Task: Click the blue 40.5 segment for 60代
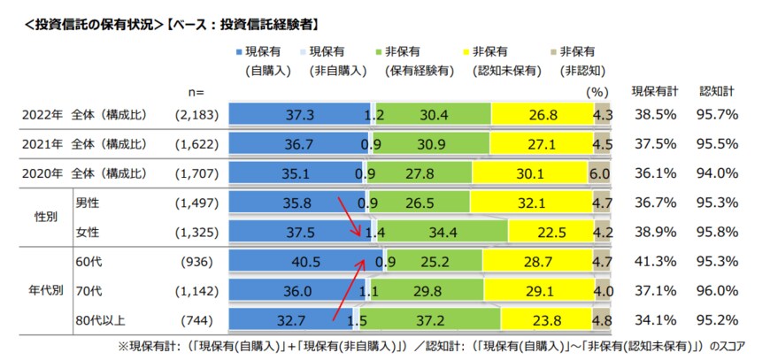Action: pyautogui.click(x=301, y=262)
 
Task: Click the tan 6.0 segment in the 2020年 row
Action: pyautogui.click(x=601, y=172)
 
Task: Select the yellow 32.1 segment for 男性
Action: pyautogui.click(x=531, y=203)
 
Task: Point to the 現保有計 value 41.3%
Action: pyautogui.click(x=654, y=262)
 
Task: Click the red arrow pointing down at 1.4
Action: pyautogui.click(x=348, y=217)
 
